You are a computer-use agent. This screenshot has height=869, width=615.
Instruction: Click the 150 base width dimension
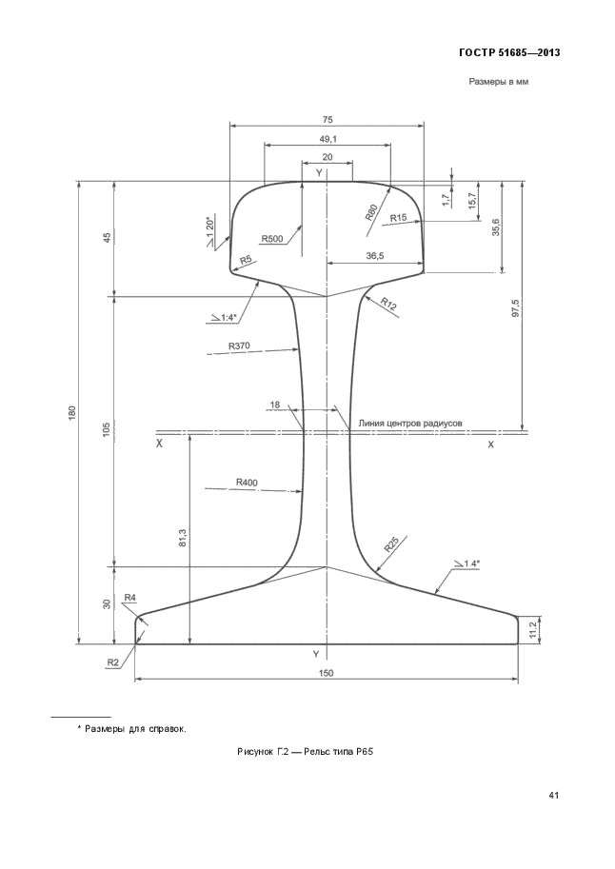(x=327, y=673)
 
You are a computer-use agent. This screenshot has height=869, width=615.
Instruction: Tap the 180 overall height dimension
(x=71, y=413)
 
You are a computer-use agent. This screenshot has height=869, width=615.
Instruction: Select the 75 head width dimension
(x=327, y=119)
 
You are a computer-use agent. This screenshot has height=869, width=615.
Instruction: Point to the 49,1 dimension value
(x=327, y=139)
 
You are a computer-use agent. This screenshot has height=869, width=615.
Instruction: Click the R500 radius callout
(x=272, y=239)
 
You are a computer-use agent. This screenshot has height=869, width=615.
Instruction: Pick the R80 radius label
(x=371, y=212)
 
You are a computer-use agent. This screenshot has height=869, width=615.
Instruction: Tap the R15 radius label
(x=398, y=218)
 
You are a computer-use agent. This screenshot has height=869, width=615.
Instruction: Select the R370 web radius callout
(x=239, y=346)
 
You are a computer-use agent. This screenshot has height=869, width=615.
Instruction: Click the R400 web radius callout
(x=247, y=483)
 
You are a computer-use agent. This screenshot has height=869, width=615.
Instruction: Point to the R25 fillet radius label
(x=391, y=545)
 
